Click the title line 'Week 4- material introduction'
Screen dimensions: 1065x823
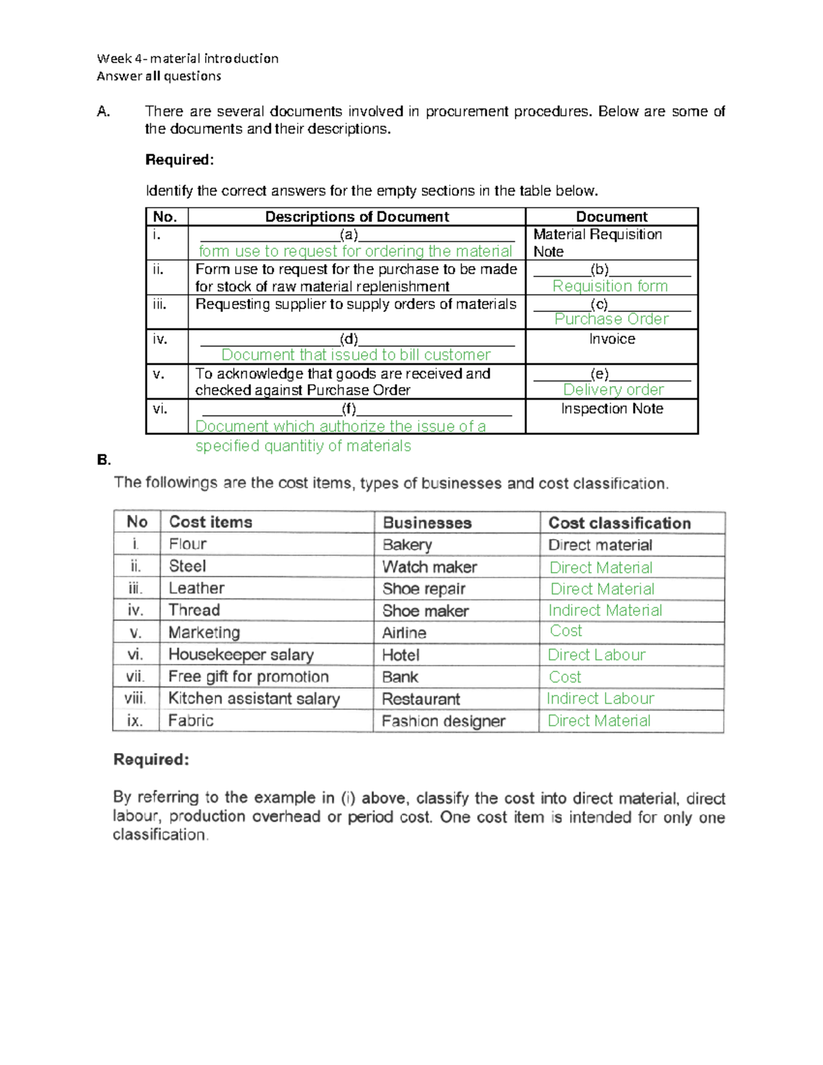point(187,58)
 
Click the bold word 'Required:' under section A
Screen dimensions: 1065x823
point(180,160)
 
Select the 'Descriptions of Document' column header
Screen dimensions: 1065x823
point(357,217)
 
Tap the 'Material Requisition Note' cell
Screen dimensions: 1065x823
point(597,243)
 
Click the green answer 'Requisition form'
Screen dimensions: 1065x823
point(610,286)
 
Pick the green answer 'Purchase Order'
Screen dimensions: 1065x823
point(611,319)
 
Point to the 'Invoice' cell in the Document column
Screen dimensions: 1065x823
point(612,339)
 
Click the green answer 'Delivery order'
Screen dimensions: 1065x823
point(613,390)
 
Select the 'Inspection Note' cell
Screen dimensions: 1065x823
point(612,409)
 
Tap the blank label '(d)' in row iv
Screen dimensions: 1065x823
point(349,338)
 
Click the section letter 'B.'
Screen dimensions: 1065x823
point(104,460)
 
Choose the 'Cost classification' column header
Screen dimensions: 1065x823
point(619,523)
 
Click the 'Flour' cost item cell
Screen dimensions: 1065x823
point(188,545)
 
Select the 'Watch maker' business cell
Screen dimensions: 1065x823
point(429,567)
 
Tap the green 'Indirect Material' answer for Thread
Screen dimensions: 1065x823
point(605,610)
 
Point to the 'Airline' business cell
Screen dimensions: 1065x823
point(404,633)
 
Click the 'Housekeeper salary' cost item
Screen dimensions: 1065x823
point(241,655)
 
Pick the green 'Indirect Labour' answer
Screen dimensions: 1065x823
point(600,698)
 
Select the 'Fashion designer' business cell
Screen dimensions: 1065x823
point(443,721)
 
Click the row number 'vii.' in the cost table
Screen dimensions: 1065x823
point(135,677)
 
